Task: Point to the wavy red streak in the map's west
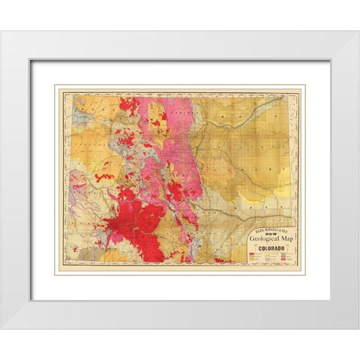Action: coord(105,178)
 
